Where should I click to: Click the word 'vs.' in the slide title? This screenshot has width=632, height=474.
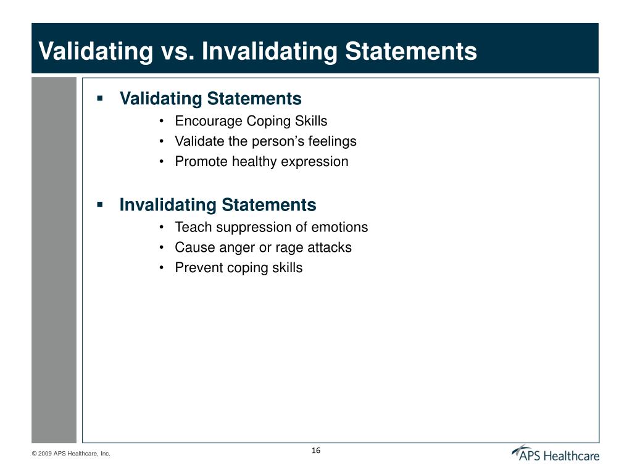point(176,51)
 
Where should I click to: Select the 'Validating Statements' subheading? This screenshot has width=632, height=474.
point(210,99)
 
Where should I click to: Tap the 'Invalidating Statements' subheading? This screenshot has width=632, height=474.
point(218,205)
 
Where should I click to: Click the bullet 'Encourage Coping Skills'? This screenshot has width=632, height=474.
point(251,121)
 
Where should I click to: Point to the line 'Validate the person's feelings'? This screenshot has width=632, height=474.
point(265,141)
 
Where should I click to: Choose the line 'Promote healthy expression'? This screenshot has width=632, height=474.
point(262,162)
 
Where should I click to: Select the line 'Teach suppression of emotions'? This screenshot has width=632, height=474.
point(271,227)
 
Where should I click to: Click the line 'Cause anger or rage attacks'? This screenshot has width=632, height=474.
point(263,247)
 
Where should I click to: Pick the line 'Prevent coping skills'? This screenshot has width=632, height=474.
point(239,268)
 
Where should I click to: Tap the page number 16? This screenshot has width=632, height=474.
point(316,451)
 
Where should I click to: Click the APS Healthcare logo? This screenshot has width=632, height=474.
point(555,454)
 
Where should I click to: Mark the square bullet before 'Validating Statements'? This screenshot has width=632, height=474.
point(99,98)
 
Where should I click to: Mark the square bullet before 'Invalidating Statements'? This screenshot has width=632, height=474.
point(99,204)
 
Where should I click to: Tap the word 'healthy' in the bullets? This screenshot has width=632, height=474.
point(254,162)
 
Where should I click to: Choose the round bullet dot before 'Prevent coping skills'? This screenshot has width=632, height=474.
point(161,268)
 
